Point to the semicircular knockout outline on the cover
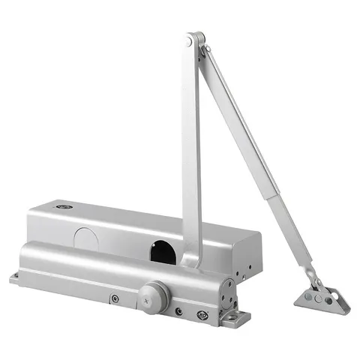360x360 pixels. [88, 238]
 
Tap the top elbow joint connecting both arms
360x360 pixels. [196, 40]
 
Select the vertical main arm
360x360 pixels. [191, 150]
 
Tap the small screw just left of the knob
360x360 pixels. [114, 298]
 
